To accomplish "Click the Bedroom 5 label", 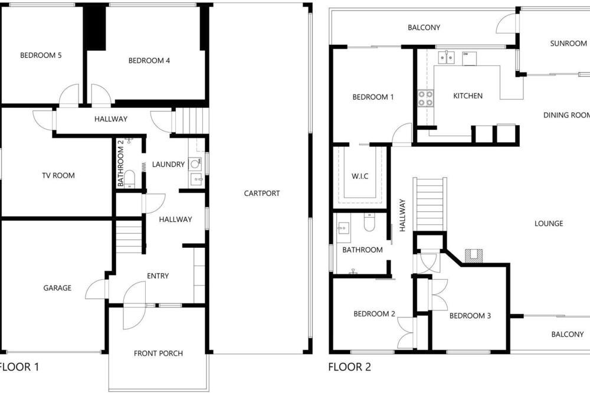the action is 41,55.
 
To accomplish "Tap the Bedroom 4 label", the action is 149,60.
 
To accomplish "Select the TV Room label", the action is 58,175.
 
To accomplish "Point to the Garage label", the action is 57,288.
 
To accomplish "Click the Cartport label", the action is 262,194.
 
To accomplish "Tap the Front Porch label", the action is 158,353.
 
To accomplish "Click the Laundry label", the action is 168,165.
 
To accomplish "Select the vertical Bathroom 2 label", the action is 120,163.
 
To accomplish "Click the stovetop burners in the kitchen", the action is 425,98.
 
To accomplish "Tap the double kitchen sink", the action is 446,58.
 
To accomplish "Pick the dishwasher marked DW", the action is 469,58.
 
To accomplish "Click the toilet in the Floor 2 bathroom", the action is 369,222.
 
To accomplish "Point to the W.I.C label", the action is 360,176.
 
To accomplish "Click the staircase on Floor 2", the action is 430,204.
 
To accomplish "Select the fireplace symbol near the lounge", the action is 474,256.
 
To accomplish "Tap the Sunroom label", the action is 569,44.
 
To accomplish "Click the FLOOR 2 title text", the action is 349,367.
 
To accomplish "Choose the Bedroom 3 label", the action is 470,316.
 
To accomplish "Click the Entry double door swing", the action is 135,305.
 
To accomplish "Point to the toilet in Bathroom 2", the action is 129,178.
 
